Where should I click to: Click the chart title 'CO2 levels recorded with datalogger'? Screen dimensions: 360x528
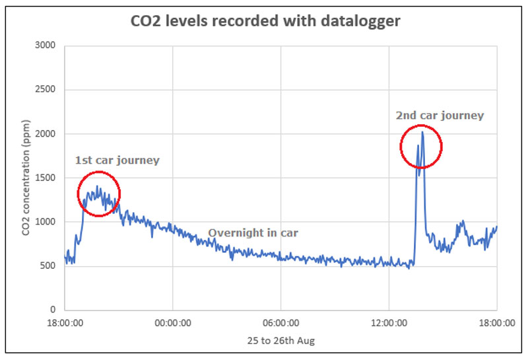coord(264,21)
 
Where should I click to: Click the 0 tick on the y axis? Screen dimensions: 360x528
coord(53,310)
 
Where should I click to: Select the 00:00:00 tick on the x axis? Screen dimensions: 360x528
coord(172,323)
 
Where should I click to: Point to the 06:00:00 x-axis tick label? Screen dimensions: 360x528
coord(280,323)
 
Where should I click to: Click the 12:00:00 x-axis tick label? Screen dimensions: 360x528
coord(389,323)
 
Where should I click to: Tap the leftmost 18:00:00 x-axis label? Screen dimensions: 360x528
coord(65,323)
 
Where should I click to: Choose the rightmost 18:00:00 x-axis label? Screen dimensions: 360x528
coord(496,323)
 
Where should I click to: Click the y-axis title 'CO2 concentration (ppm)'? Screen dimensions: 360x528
coord(24,178)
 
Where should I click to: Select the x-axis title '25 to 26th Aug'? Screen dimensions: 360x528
coord(280,341)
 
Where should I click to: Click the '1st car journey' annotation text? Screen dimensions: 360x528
coord(117,161)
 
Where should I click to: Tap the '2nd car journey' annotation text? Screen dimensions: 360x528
coord(440,116)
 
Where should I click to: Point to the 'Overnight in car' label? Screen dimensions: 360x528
coord(253,233)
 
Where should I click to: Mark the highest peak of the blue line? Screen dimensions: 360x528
coord(422,132)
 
